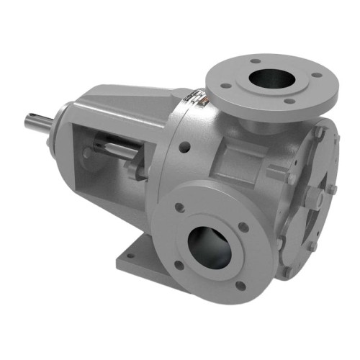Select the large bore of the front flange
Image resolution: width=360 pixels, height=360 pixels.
pyautogui.click(x=212, y=247)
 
